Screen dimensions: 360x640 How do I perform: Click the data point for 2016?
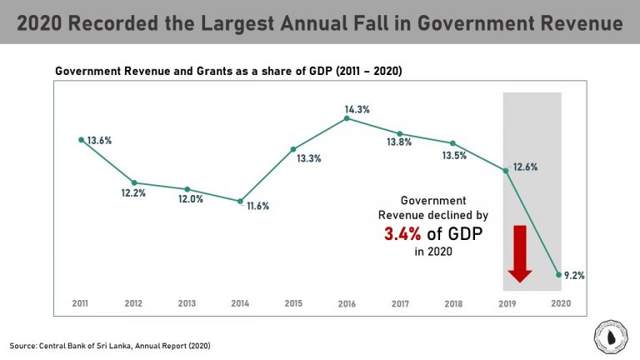point(347,118)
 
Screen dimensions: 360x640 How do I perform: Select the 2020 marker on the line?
point(559,273)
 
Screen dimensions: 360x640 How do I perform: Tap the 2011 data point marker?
point(81,140)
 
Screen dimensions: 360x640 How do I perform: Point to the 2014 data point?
point(240,201)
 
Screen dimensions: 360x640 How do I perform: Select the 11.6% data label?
point(258,205)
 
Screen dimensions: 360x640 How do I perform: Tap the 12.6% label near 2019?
point(527,167)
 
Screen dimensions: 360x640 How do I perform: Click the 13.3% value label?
point(308,158)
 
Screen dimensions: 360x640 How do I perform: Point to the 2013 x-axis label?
point(187,303)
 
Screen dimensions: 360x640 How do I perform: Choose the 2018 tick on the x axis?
point(453,303)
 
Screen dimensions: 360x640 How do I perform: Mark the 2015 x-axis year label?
point(293,303)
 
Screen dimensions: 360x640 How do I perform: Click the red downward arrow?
point(520,252)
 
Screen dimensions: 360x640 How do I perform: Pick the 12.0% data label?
point(190,199)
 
